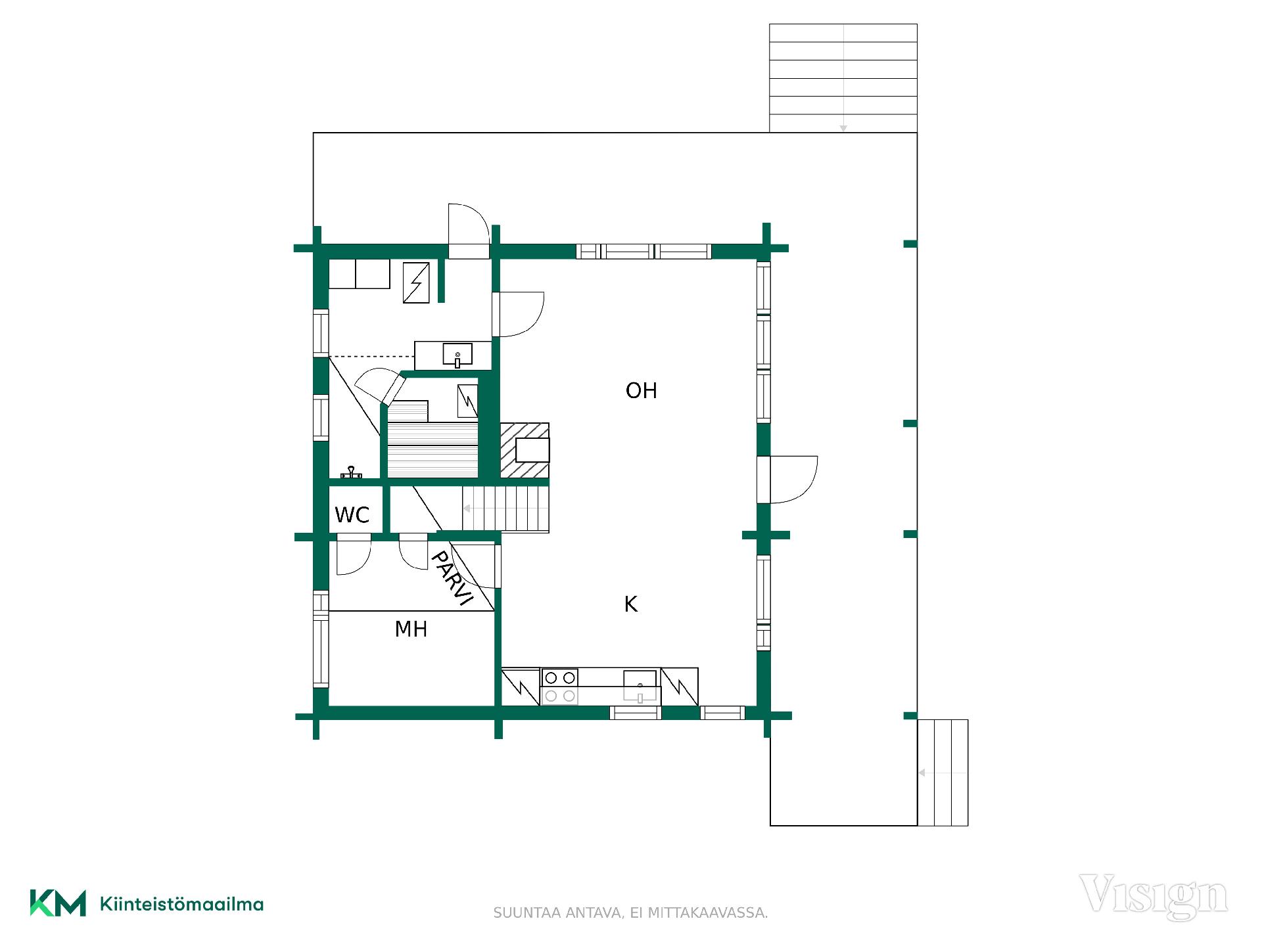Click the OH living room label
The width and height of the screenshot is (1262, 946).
click(x=641, y=391)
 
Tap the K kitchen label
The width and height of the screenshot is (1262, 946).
click(x=631, y=604)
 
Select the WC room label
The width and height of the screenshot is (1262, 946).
click(x=352, y=515)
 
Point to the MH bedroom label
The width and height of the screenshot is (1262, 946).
click(x=411, y=629)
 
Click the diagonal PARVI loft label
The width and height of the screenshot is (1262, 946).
click(x=452, y=578)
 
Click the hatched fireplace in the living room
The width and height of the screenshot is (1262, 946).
click(x=525, y=451)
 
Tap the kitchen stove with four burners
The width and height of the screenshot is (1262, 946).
click(x=559, y=687)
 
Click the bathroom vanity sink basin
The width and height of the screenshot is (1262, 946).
click(x=457, y=355)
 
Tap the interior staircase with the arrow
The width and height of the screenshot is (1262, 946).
click(x=505, y=508)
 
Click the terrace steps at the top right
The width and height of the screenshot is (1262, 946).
click(x=843, y=78)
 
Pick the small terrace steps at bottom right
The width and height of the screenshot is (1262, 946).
click(x=943, y=773)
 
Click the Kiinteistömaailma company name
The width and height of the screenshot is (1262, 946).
click(x=181, y=904)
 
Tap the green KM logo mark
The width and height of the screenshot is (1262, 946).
click(x=58, y=903)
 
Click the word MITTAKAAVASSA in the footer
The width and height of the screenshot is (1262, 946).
click(x=708, y=913)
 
